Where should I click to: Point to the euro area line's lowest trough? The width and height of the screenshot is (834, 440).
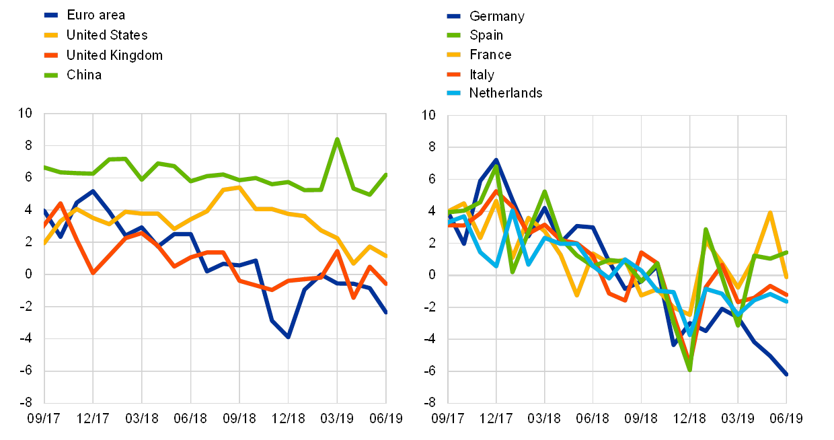coord(288,336)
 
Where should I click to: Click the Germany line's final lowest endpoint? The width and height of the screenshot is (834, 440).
coord(786,374)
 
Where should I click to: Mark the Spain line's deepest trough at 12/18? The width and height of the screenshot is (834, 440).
coord(689,369)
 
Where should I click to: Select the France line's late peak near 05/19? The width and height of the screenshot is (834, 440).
coord(770,213)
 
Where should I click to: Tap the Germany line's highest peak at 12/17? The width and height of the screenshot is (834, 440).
coord(496,160)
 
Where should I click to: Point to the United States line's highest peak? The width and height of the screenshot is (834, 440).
coord(239,187)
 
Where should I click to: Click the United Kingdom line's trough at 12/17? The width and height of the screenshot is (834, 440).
coord(93,272)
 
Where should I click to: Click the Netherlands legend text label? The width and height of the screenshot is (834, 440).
coord(506,93)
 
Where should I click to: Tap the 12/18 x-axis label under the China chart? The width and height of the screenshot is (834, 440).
coord(288,418)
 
